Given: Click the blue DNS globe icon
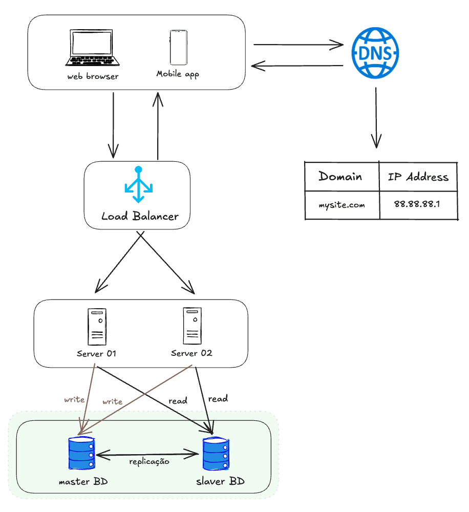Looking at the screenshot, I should pyautogui.click(x=375, y=53).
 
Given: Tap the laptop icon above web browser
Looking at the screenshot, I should pyautogui.click(x=93, y=48).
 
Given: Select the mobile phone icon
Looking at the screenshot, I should pyautogui.click(x=177, y=47).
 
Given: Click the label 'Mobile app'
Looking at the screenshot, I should pyautogui.click(x=177, y=74).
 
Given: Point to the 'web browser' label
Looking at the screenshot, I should pyautogui.click(x=93, y=76).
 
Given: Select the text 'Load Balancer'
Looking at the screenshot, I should pyautogui.click(x=140, y=216).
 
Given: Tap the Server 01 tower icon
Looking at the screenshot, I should pyautogui.click(x=97, y=327).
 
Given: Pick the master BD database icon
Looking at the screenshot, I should pyautogui.click(x=82, y=453).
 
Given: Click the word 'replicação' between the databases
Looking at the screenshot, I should pyautogui.click(x=149, y=461).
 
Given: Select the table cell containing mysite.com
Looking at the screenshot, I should pyautogui.click(x=342, y=205).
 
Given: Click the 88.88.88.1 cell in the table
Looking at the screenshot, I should pyautogui.click(x=417, y=204).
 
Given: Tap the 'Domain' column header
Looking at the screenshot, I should pyautogui.click(x=340, y=177).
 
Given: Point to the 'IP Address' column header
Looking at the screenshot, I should pyautogui.click(x=418, y=177).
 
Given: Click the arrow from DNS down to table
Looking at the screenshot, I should pyautogui.click(x=376, y=118).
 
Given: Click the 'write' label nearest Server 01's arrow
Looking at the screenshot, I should pyautogui.click(x=74, y=399).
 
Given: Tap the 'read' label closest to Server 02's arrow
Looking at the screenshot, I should pyautogui.click(x=218, y=398).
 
